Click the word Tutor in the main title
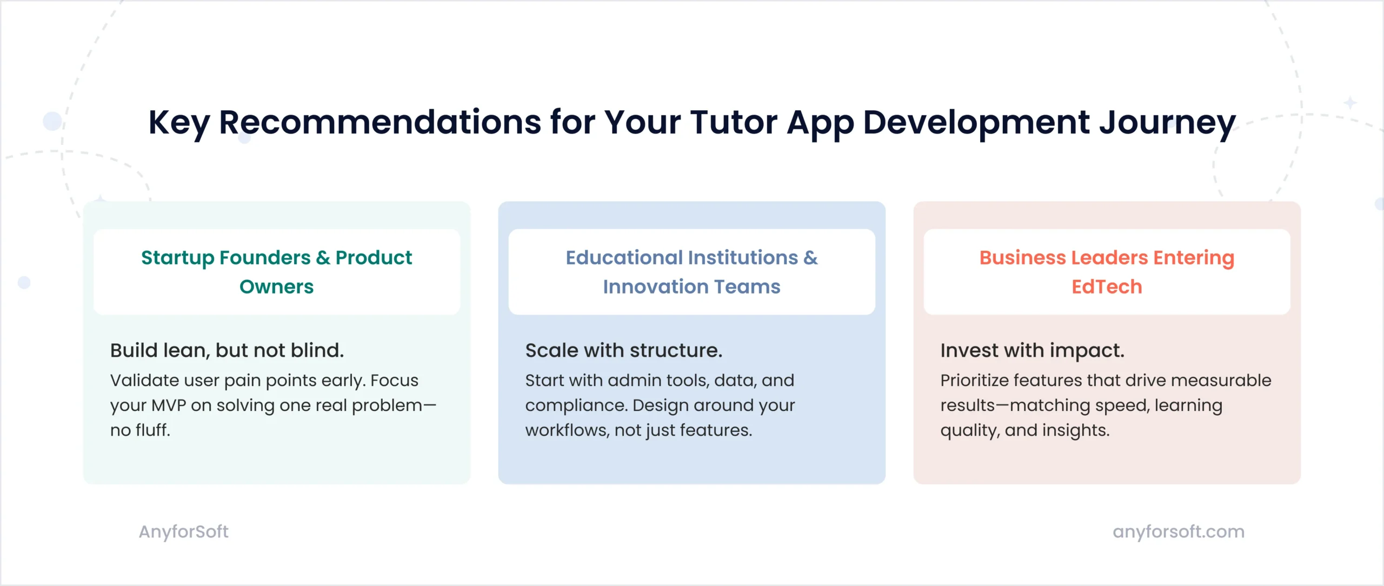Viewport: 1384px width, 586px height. pos(734,122)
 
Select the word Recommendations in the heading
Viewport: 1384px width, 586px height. pos(380,122)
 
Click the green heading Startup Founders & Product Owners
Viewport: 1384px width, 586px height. pos(277,272)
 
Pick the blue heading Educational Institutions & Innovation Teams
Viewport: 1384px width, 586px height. pos(692,272)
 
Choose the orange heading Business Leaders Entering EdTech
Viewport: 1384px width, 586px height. pos(1107,272)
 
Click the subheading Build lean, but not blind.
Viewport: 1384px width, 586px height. pos(227,351)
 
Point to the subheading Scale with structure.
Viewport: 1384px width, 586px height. pos(624,351)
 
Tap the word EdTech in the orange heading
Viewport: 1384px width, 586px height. pos(1107,287)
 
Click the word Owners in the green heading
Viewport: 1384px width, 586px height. pos(277,287)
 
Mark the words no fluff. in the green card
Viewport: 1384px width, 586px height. pos(141,430)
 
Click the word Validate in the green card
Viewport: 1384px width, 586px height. pos(145,381)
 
